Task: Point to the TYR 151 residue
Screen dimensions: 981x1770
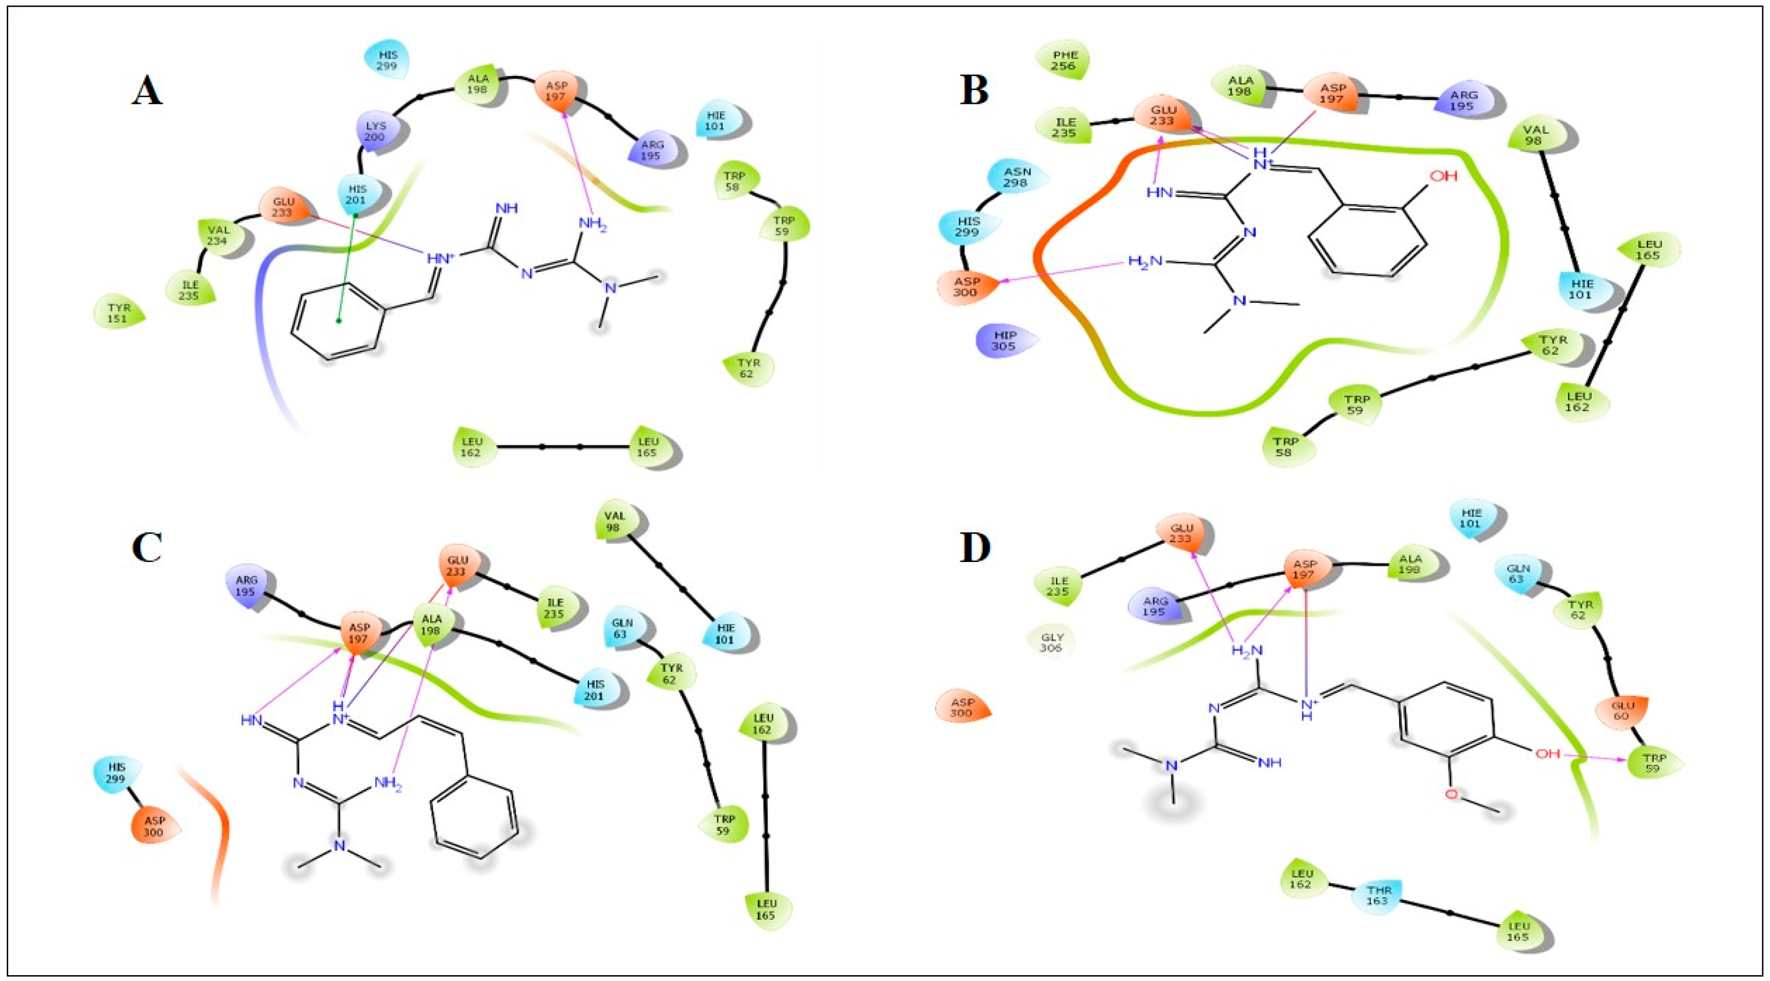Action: pyautogui.click(x=118, y=313)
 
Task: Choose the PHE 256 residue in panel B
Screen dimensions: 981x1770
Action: pyautogui.click(x=1062, y=60)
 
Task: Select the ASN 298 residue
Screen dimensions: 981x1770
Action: pyautogui.click(x=1016, y=177)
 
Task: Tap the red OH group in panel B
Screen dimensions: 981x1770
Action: pyautogui.click(x=1443, y=176)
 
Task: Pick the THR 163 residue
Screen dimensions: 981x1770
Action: pyautogui.click(x=1377, y=895)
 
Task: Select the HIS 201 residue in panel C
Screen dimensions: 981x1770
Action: pyautogui.click(x=595, y=690)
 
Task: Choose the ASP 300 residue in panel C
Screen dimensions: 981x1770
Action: pyautogui.click(x=155, y=827)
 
